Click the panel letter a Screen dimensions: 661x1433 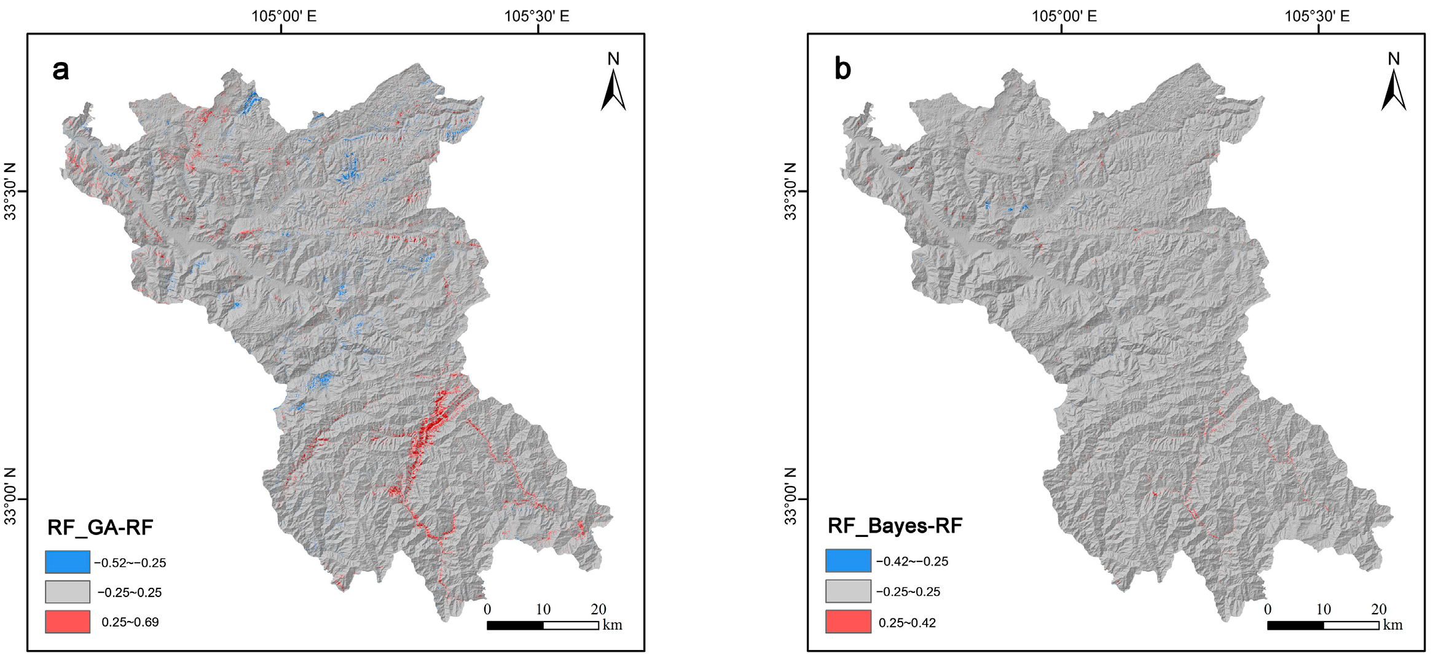click(60, 70)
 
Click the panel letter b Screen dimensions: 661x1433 click(842, 69)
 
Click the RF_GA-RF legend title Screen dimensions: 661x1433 click(100, 527)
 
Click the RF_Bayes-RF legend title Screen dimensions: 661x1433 click(895, 526)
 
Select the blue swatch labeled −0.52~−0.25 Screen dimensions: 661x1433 click(68, 562)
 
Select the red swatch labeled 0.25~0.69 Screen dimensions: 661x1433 click(68, 622)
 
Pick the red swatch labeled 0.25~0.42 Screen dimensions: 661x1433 click(848, 622)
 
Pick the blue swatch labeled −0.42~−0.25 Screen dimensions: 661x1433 click(848, 561)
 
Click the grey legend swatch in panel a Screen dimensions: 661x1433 click(68, 592)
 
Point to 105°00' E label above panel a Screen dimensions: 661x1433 click(284, 16)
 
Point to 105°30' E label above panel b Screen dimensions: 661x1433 click(1317, 16)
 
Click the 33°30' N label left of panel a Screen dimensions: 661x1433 click(10, 192)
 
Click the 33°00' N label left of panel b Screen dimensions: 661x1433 click(791, 496)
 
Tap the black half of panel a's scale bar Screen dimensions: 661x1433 click(515, 625)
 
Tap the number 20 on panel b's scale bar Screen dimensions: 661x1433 click(1379, 609)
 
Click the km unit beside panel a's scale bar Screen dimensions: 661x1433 click(613, 625)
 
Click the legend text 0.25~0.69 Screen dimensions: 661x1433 click(130, 622)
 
